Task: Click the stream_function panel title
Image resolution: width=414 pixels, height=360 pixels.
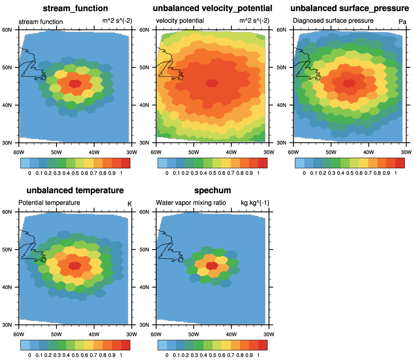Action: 75,8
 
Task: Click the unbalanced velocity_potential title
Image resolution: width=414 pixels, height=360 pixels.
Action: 213,8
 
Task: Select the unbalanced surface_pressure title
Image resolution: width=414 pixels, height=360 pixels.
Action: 349,8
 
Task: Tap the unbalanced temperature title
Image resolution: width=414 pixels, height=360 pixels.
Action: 75,190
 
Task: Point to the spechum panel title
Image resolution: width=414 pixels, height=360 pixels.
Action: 213,190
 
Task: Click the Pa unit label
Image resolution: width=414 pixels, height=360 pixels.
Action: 402,22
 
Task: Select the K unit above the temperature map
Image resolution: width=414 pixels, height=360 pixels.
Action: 130,204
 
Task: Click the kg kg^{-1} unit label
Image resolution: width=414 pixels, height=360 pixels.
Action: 255,203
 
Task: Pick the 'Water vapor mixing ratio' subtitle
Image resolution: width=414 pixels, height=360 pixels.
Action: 191,203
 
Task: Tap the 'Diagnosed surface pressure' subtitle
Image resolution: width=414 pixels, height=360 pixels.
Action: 333,20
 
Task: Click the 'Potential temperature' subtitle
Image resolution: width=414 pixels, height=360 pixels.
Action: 49,203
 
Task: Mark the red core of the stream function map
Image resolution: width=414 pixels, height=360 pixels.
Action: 75,84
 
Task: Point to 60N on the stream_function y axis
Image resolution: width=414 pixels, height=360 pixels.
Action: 7,30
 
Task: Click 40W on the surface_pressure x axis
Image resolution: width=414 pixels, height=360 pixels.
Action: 368,152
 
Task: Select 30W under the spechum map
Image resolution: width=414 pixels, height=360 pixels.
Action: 269,334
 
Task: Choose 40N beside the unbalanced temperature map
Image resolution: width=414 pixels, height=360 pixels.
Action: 7,287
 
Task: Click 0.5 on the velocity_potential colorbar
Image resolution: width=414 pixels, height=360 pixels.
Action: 213,173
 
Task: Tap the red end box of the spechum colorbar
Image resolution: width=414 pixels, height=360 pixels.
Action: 263,345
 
